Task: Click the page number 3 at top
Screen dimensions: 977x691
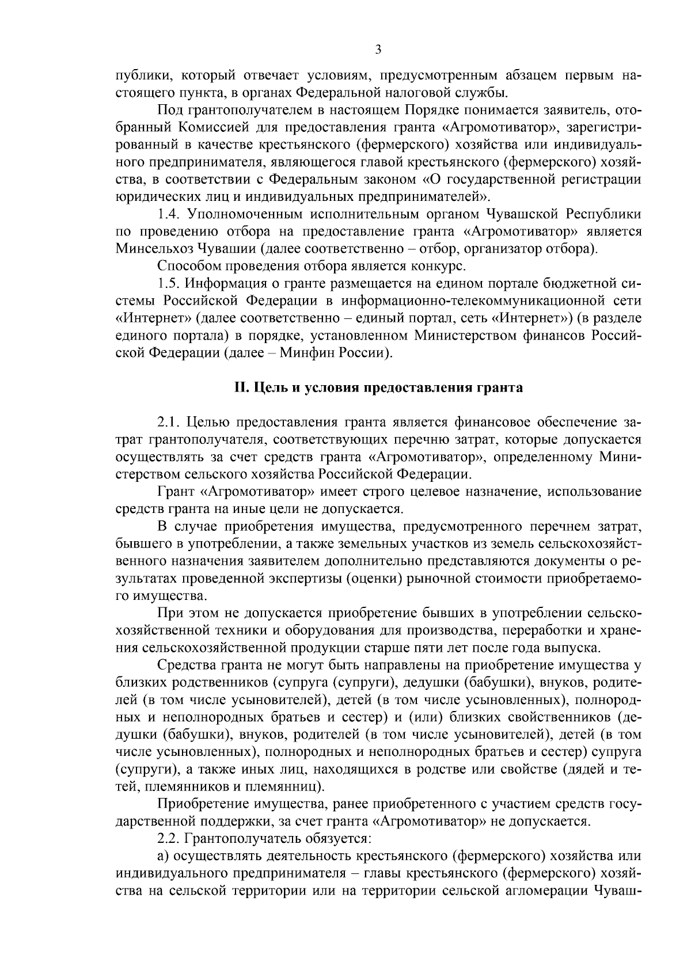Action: click(378, 50)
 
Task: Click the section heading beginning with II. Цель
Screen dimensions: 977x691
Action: click(378, 387)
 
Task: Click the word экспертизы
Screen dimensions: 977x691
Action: click(307, 579)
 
